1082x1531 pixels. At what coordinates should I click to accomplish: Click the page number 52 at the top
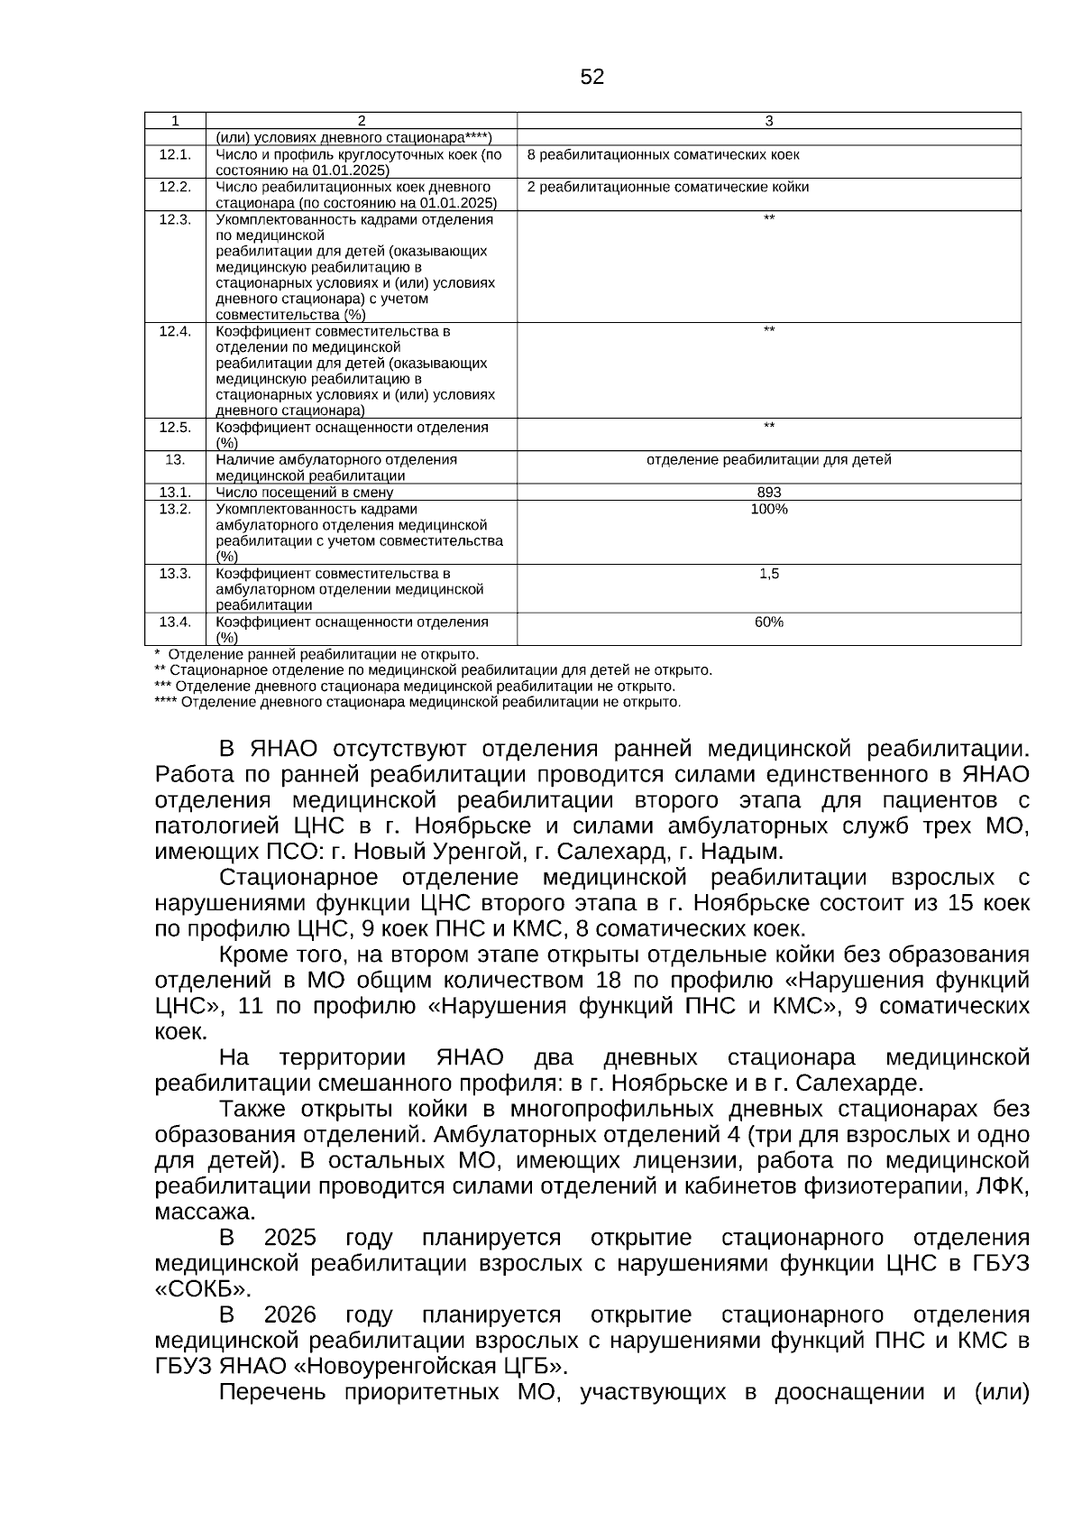[591, 78]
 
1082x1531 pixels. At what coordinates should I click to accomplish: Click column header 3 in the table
[768, 121]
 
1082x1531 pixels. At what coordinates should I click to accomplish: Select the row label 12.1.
[175, 154]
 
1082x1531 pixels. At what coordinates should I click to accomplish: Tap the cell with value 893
[768, 492]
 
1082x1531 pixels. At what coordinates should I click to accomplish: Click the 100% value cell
[768, 509]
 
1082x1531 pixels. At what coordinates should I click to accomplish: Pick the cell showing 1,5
[768, 574]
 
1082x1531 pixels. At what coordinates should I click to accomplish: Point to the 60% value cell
[768, 622]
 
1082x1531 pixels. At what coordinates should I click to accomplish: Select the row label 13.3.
[175, 574]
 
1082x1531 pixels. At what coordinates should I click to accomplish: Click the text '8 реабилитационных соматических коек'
[663, 154]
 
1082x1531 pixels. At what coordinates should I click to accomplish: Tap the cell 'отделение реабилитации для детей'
[768, 460]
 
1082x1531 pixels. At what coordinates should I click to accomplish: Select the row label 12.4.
[175, 331]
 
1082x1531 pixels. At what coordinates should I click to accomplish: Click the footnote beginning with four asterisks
[417, 702]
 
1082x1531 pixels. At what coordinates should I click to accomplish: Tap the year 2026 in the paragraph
[289, 1314]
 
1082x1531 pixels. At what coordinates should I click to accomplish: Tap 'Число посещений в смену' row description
[304, 492]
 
